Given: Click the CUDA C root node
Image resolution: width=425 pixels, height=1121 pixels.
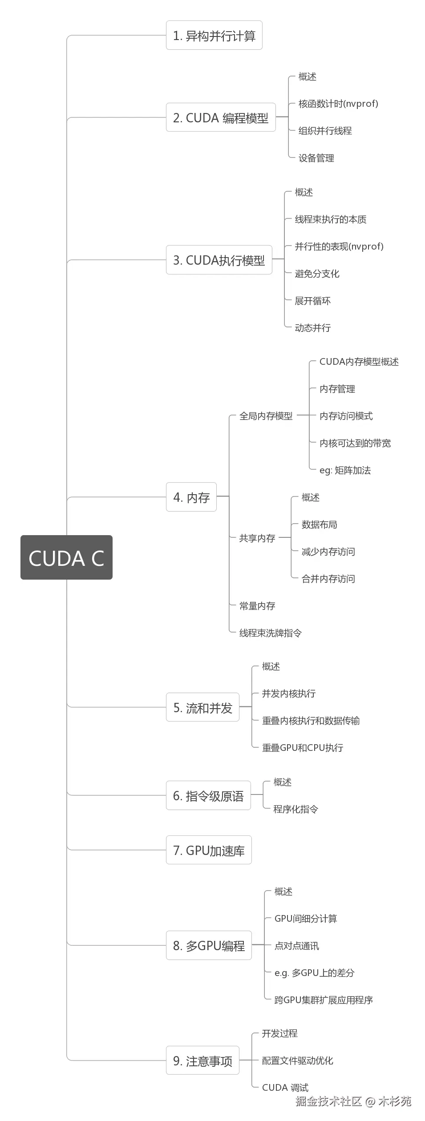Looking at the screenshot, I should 66,557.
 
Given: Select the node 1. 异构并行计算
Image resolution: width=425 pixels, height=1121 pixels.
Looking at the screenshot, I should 214,36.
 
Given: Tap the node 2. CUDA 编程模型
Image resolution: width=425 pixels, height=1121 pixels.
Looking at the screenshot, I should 221,118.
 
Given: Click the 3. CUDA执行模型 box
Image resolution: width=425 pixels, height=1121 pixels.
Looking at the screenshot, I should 219,260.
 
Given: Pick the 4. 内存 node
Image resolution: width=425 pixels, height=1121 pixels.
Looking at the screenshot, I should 191,497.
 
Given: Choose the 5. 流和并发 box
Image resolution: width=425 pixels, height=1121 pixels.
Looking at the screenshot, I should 202,707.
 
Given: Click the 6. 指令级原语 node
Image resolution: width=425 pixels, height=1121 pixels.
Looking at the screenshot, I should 208,796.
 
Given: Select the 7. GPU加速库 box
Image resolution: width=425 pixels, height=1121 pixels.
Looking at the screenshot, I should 209,851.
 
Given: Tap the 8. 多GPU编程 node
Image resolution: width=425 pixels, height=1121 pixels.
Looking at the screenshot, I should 209,945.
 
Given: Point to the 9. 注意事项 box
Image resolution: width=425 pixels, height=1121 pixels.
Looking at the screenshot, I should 202,1061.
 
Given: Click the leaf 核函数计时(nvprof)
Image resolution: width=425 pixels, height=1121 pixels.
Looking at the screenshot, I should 338,104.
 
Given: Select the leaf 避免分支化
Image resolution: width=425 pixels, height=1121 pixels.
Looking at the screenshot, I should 317,274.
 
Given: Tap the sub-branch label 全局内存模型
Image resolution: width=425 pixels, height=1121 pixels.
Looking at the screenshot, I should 266,416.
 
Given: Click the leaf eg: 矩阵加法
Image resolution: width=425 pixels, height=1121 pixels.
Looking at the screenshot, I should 345,470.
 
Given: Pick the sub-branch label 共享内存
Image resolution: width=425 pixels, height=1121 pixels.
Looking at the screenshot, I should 257,538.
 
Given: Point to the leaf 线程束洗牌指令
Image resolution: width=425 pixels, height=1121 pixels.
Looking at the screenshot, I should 270,633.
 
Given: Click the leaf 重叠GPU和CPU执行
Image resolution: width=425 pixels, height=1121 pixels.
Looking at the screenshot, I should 303,748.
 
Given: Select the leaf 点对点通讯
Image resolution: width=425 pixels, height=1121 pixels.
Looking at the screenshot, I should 296,946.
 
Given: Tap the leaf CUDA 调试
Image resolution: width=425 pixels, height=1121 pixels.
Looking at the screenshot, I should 285,1088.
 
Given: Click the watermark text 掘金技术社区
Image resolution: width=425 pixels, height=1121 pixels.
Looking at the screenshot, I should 328,1101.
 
